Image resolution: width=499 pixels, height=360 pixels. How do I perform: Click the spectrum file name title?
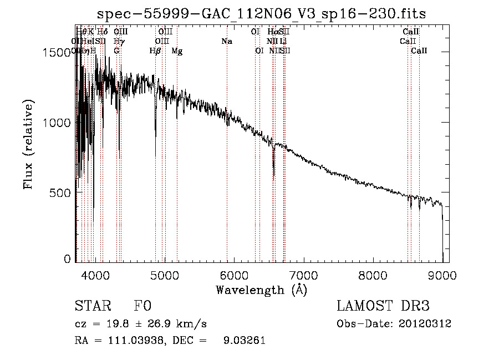pyautogui.click(x=262, y=14)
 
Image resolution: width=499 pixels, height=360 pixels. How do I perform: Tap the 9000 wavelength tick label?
pyautogui.click(x=442, y=275)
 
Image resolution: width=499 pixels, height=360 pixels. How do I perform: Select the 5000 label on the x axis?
pyautogui.click(x=164, y=275)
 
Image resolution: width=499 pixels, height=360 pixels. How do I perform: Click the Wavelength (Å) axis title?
pyautogui.click(x=261, y=290)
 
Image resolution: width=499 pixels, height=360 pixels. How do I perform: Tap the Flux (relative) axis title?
pyautogui.click(x=28, y=145)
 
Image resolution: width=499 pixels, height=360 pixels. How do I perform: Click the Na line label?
pyautogui.click(x=226, y=42)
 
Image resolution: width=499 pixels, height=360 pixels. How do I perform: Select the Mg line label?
pyautogui.click(x=177, y=51)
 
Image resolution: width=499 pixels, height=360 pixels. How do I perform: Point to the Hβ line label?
pyautogui.click(x=155, y=51)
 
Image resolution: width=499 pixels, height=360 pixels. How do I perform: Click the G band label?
pyautogui.click(x=116, y=51)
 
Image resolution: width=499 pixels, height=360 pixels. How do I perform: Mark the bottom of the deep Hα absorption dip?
pyautogui.click(x=273, y=178)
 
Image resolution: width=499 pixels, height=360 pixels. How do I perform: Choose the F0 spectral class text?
pyautogui.click(x=142, y=306)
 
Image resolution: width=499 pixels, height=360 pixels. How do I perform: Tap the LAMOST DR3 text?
pyautogui.click(x=383, y=306)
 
